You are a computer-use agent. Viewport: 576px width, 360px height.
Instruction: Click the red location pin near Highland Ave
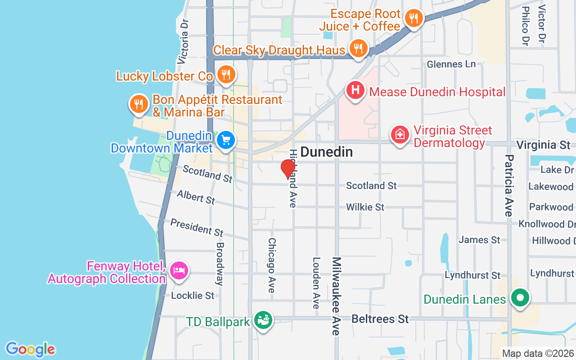pos(288,169)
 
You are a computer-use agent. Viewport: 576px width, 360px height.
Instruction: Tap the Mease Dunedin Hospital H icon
pos(355,90)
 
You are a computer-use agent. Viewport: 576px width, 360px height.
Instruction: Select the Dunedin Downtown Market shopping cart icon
pos(226,140)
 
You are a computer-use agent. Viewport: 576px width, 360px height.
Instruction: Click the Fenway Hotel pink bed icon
pos(180,270)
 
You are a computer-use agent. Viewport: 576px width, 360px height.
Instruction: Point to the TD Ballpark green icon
pos(263,320)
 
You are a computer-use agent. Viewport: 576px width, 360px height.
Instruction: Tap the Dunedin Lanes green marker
pos(520,298)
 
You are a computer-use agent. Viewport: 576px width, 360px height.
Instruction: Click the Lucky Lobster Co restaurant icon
pos(225,74)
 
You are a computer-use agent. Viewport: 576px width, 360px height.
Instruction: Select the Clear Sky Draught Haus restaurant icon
pos(358,47)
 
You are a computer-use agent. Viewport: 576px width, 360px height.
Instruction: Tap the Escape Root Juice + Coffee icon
pos(413,18)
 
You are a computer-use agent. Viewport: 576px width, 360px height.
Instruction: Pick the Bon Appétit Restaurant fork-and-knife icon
pos(139,104)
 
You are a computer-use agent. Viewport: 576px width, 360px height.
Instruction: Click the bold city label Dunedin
pos(326,152)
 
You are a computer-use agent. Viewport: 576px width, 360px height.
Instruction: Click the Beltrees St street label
pos(380,319)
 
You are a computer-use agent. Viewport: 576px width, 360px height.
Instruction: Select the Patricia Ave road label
pos(509,185)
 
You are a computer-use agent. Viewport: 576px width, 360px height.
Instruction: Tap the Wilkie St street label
pos(365,207)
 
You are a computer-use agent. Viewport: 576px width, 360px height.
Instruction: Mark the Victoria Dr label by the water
pos(183,40)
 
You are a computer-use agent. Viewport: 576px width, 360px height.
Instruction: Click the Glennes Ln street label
pos(451,64)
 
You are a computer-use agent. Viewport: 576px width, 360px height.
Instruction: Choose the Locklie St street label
pos(193,296)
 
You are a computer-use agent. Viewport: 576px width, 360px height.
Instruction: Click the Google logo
pos(30,349)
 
